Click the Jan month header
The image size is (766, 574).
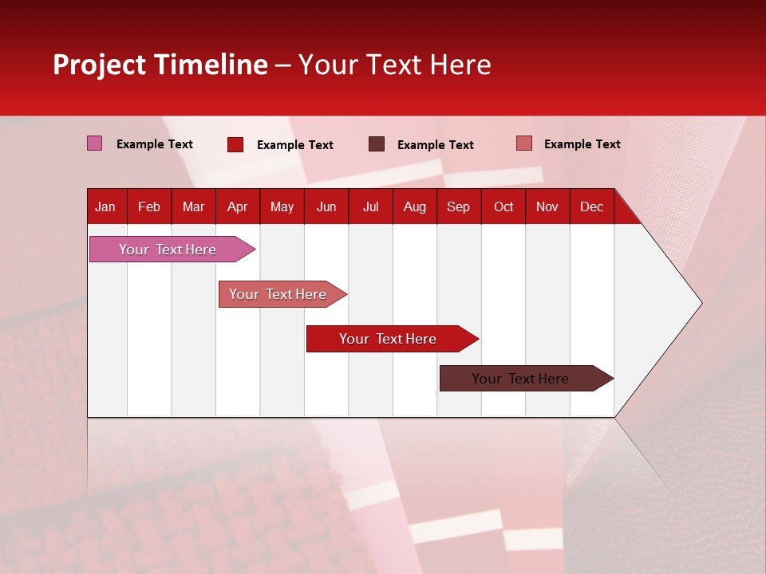click(105, 207)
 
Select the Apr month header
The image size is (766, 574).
click(237, 207)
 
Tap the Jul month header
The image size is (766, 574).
click(370, 207)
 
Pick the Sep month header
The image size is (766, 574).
click(458, 207)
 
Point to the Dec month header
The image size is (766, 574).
click(591, 207)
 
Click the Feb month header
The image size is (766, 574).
click(149, 207)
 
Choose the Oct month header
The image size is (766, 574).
click(503, 207)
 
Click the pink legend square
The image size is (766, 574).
click(95, 143)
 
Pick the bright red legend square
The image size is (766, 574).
click(235, 144)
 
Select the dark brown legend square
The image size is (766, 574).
click(377, 143)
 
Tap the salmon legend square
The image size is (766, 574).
click(523, 143)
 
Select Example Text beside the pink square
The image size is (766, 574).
click(155, 144)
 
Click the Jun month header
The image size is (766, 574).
click(326, 207)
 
